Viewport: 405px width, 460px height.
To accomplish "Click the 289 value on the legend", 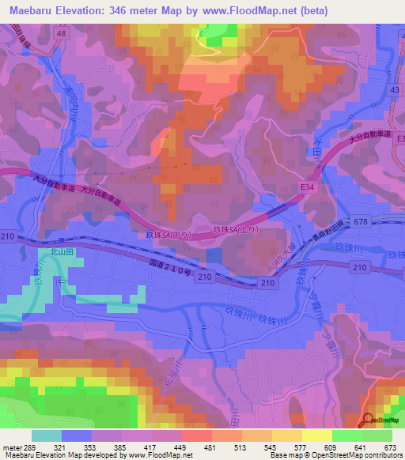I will [31, 447].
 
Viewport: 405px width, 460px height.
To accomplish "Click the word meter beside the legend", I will [11, 447].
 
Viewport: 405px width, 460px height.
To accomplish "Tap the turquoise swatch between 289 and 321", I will [47, 435].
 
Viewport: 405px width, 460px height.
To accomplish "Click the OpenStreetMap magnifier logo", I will [369, 421].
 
